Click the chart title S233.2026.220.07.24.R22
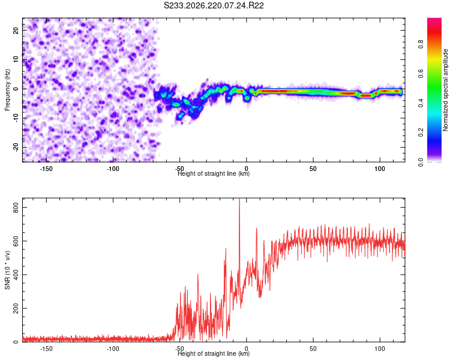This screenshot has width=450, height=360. [x=214, y=5]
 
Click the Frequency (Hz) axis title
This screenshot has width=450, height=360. [x=7, y=90]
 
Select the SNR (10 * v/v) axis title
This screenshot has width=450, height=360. [x=7, y=270]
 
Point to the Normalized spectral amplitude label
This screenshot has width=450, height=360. [x=445, y=90]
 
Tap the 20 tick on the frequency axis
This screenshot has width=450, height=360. [x=16, y=30]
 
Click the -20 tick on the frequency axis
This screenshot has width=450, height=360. [x=16, y=148]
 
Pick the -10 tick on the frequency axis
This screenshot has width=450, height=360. [x=16, y=118]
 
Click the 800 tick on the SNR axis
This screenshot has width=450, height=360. [x=16, y=208]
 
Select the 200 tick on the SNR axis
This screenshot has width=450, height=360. [x=16, y=308]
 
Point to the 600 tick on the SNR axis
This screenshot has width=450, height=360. [x=16, y=241]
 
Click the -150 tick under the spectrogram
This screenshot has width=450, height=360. [x=46, y=169]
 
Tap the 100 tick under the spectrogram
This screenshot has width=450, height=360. [x=380, y=169]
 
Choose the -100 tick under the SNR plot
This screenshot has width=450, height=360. [x=113, y=349]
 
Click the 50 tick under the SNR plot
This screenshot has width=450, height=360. [x=313, y=349]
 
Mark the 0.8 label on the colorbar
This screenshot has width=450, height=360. [x=421, y=44]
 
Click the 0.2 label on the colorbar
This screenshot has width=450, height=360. [x=421, y=133]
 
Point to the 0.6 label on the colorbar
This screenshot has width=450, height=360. [x=421, y=73]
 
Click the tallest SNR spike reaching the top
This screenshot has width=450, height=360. [x=239, y=201]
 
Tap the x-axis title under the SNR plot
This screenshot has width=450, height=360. [x=214, y=353]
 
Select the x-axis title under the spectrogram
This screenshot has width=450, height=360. [x=214, y=173]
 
